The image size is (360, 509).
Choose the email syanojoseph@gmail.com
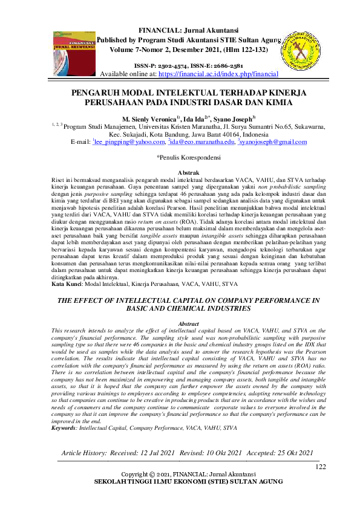coord(274,143)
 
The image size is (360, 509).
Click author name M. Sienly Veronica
coord(149,118)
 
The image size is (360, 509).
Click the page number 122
coord(321,467)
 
